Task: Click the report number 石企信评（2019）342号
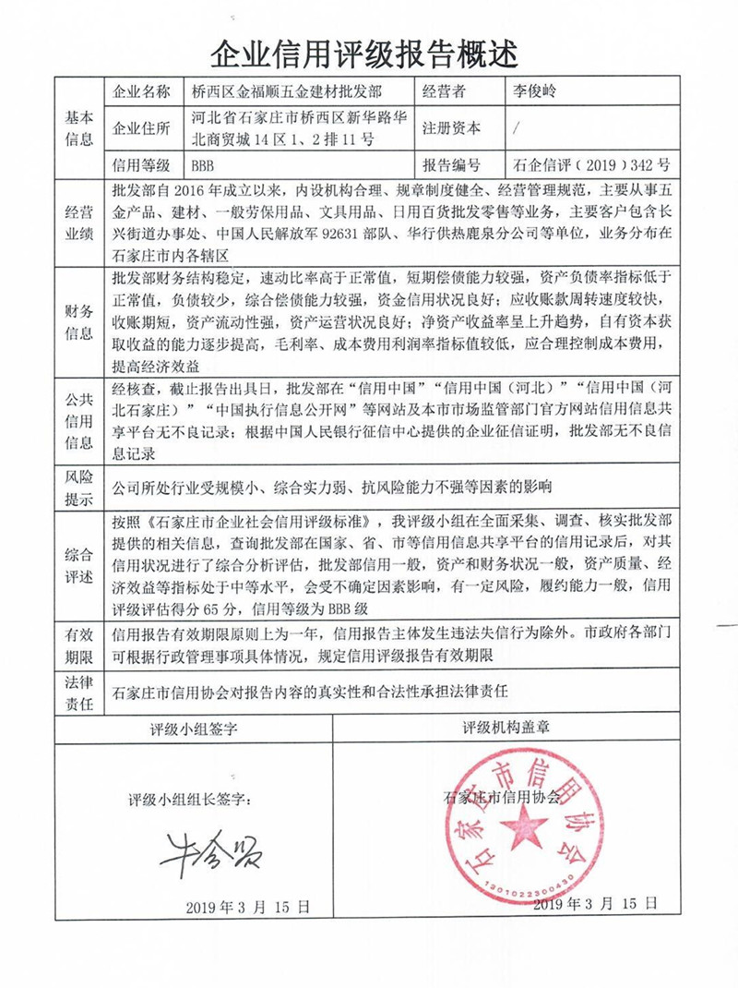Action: click(590, 166)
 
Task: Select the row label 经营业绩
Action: click(79, 222)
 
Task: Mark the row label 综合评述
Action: click(79, 565)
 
